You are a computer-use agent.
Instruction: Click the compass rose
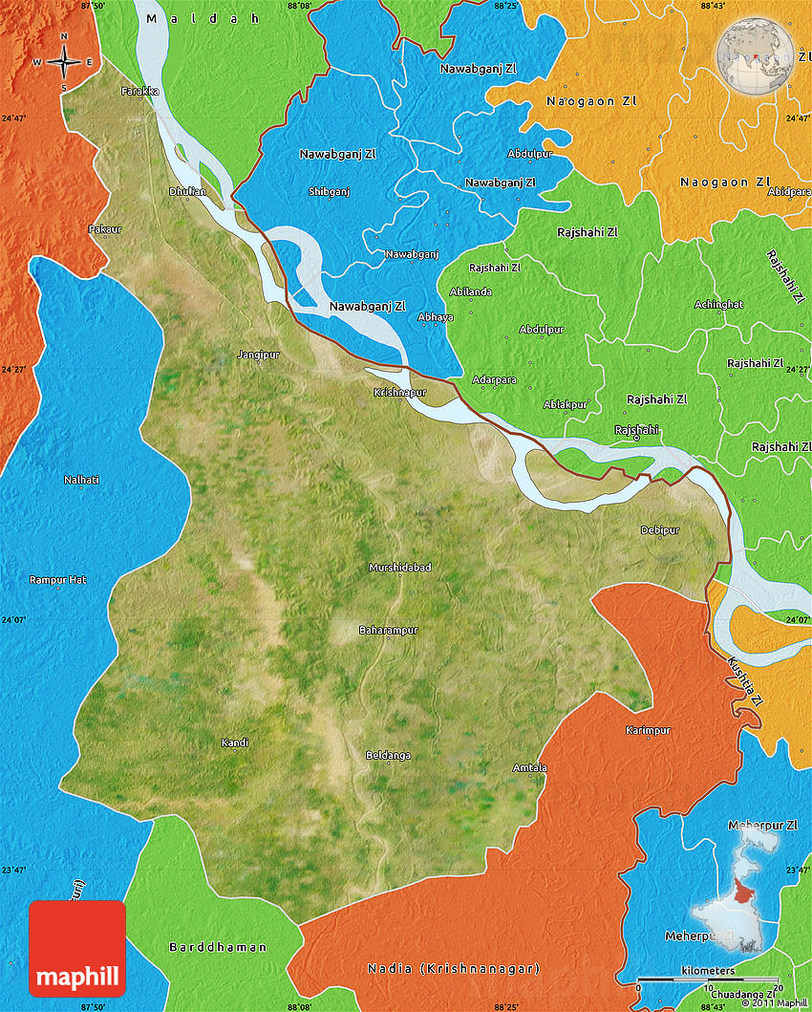click(x=64, y=62)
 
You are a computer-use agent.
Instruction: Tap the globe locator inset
click(x=756, y=55)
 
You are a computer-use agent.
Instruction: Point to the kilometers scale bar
click(x=708, y=980)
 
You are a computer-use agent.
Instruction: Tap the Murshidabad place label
click(x=400, y=568)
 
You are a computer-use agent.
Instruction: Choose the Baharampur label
click(x=388, y=631)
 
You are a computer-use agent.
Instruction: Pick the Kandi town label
click(x=235, y=743)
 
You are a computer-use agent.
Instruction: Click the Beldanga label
click(x=388, y=756)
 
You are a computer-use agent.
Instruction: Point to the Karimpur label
click(x=648, y=730)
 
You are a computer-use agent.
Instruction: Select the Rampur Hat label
click(x=57, y=580)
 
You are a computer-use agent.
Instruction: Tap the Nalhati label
click(x=81, y=479)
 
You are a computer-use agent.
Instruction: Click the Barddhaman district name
click(x=218, y=947)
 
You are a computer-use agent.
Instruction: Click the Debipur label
click(x=660, y=529)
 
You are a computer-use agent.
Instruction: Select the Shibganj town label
click(x=330, y=191)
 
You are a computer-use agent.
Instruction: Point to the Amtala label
click(x=530, y=768)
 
